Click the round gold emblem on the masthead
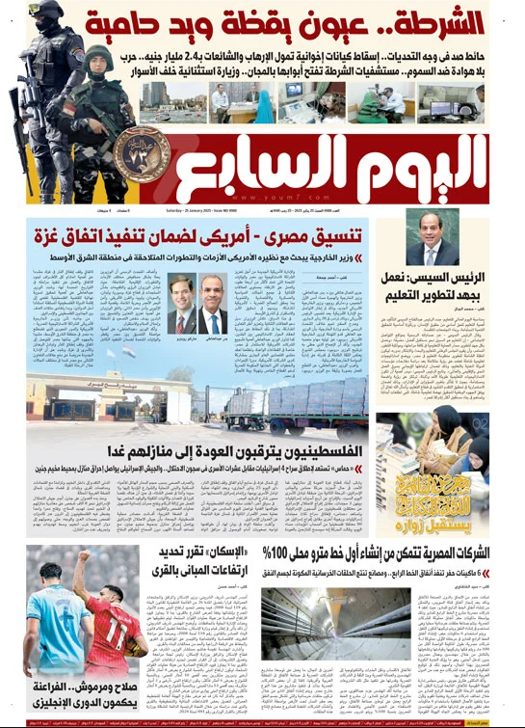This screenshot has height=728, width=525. tap(142, 154)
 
